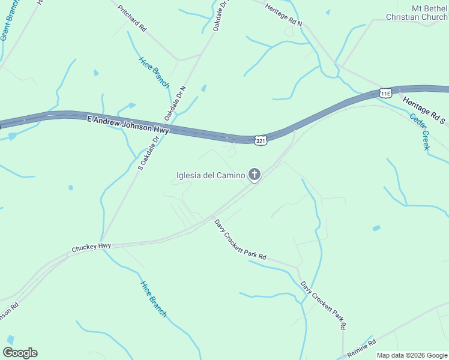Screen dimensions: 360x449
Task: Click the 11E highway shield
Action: click(386, 92)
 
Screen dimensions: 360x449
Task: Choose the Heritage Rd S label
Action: click(424, 111)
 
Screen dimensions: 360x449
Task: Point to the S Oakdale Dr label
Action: click(148, 153)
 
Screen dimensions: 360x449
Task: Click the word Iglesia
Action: click(190, 176)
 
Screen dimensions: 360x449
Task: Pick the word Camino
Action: click(231, 176)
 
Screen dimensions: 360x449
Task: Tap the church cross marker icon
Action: click(255, 175)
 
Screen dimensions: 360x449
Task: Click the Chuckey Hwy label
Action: click(91, 247)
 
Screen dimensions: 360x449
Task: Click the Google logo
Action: click(20, 353)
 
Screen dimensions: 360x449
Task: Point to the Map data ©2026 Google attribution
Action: click(412, 355)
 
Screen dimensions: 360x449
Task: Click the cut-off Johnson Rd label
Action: click(8, 314)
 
